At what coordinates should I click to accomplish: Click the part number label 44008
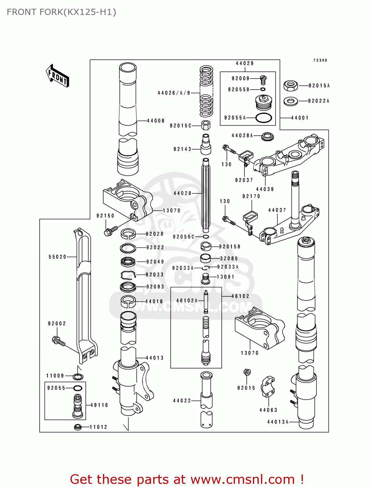click(x=156, y=121)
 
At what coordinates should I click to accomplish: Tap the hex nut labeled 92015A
click(x=291, y=86)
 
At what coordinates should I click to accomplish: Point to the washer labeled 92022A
click(x=291, y=101)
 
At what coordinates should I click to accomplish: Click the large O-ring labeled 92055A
click(x=264, y=118)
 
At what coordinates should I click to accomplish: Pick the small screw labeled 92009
click(x=263, y=80)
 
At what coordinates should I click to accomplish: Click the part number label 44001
click(x=300, y=118)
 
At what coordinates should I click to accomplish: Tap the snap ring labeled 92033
click(x=128, y=275)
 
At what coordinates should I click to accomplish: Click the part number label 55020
click(x=57, y=257)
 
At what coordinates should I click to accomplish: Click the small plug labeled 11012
click(x=78, y=427)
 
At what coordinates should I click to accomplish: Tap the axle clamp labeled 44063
click(x=268, y=386)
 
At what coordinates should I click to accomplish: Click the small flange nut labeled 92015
click(x=247, y=372)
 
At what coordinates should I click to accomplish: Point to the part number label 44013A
click(x=278, y=422)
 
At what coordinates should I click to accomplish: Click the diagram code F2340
click(x=320, y=60)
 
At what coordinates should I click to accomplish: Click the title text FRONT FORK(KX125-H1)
click(x=61, y=12)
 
